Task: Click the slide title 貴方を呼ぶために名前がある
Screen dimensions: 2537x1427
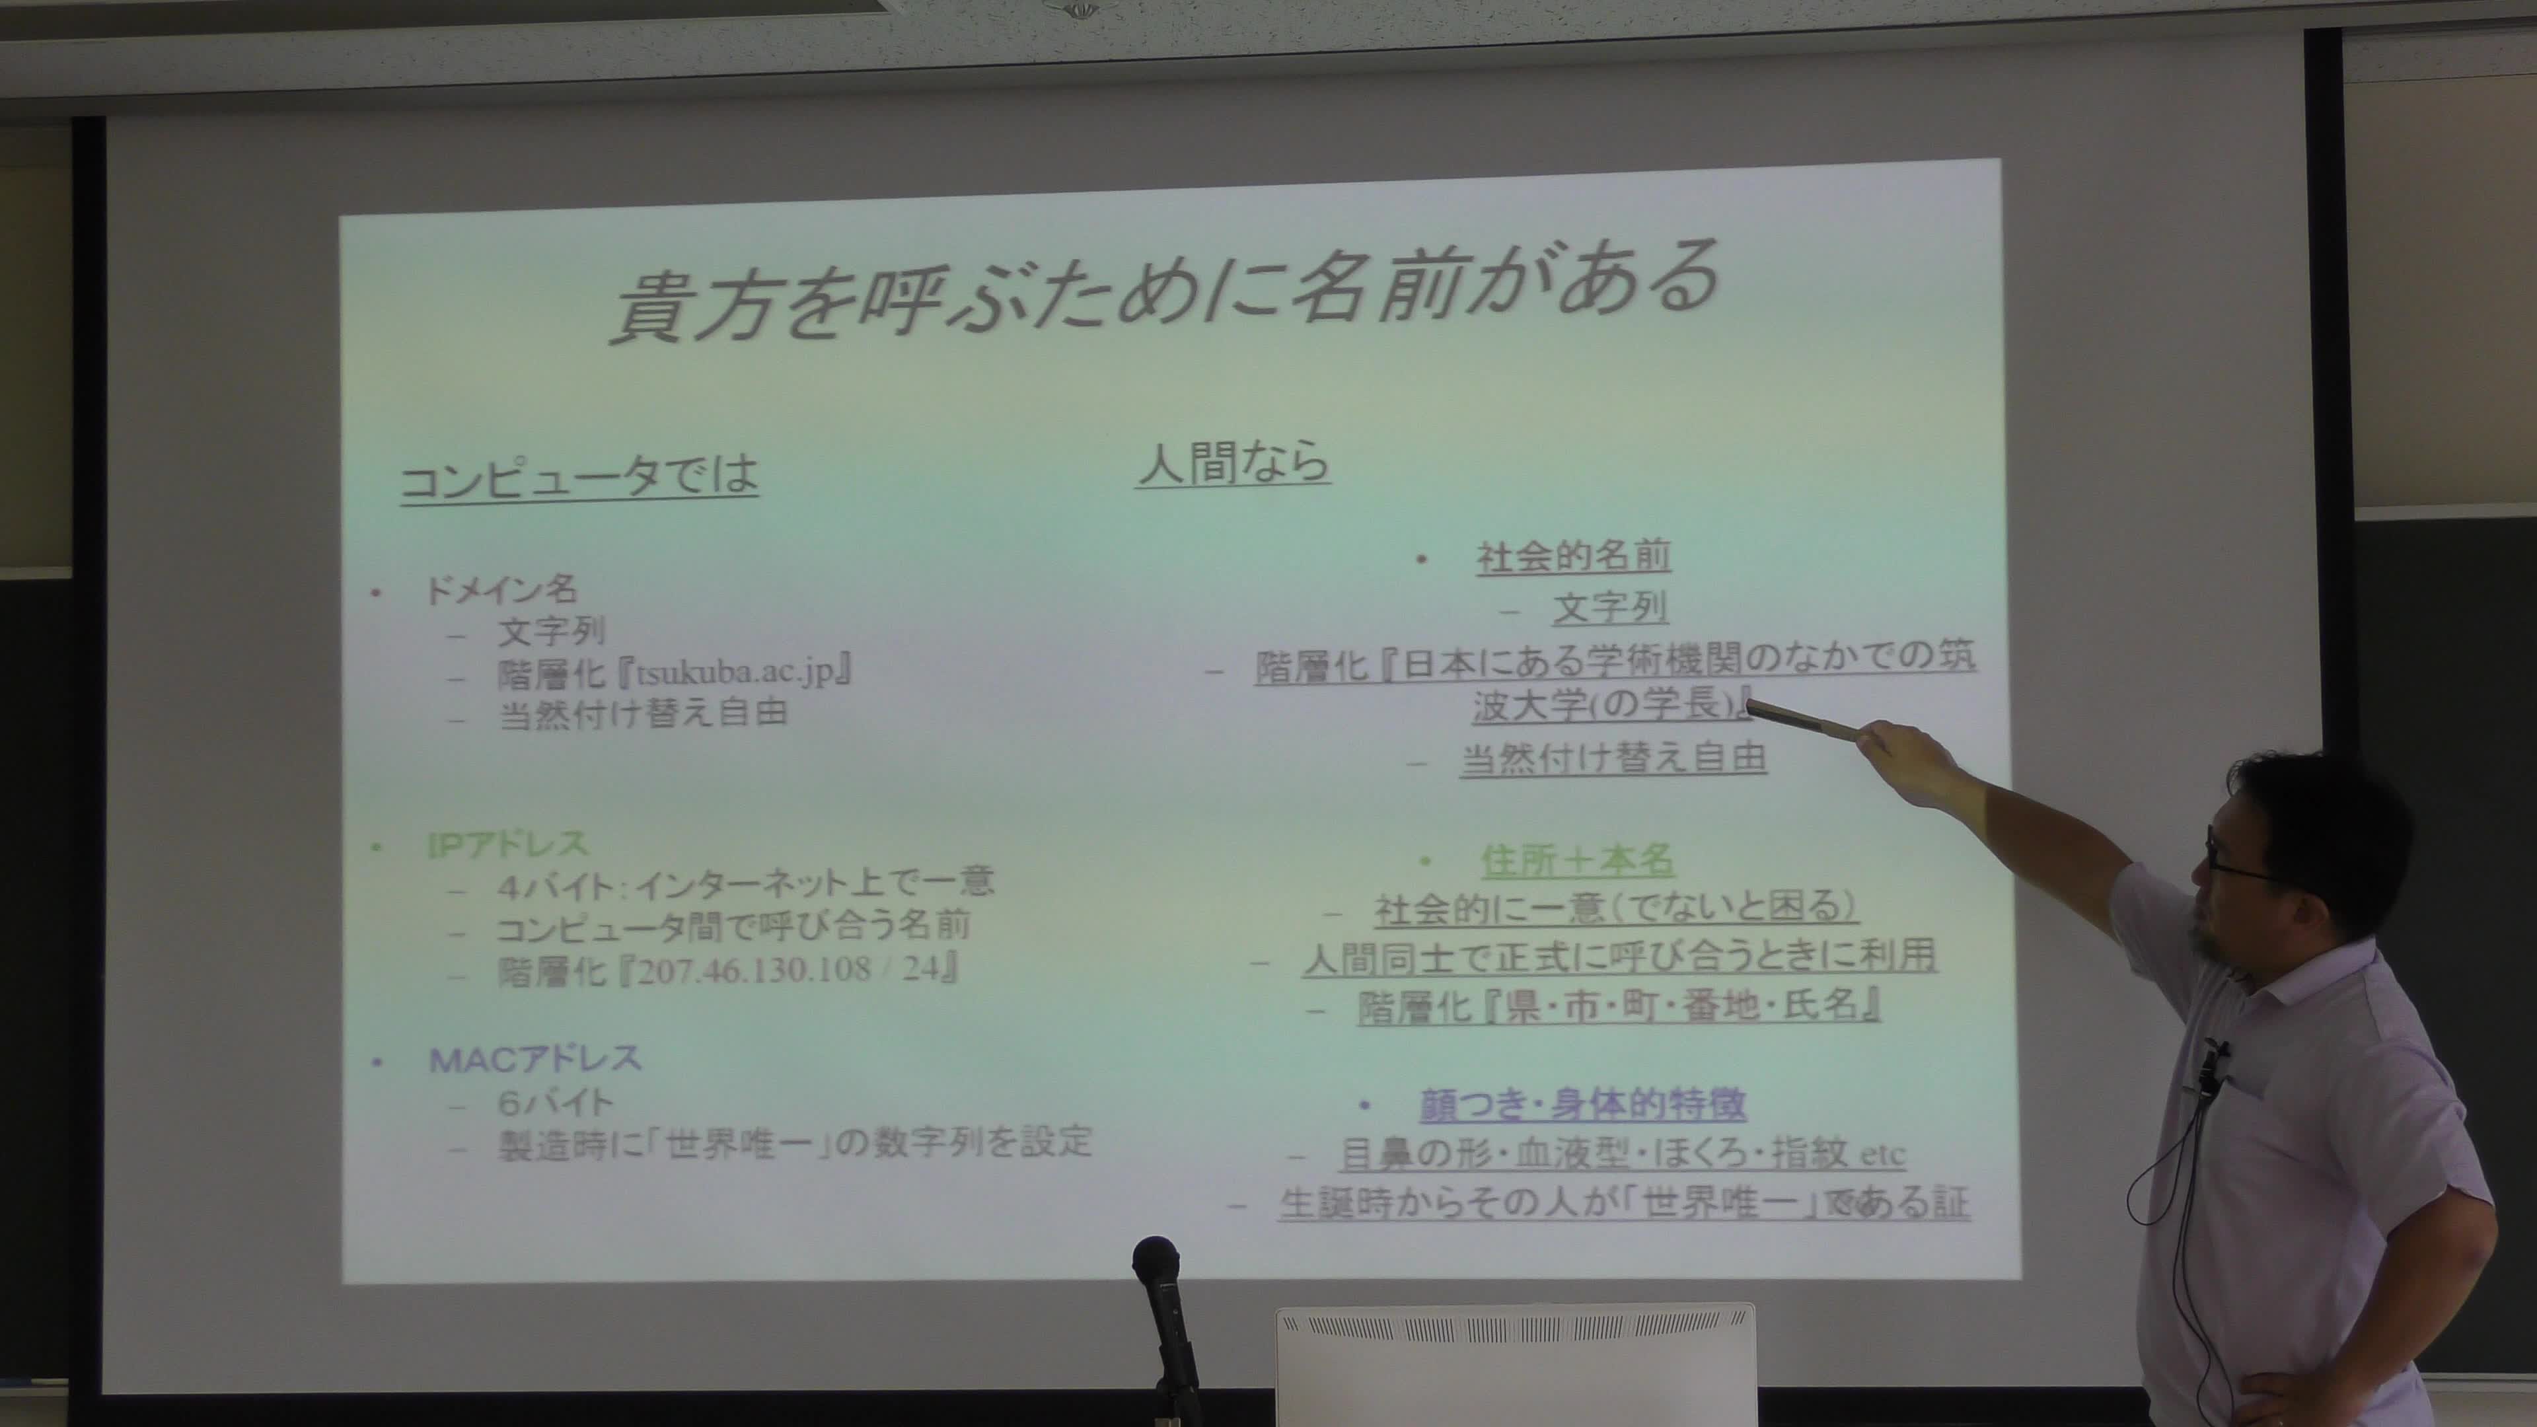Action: pos(1165,293)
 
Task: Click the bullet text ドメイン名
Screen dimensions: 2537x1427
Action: pos(500,590)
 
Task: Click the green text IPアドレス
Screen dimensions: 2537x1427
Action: pos(508,845)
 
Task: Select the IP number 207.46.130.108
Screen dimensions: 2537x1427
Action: pos(754,970)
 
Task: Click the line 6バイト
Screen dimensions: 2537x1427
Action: pos(556,1103)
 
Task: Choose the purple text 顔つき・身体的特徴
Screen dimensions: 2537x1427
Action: pos(1583,1104)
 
